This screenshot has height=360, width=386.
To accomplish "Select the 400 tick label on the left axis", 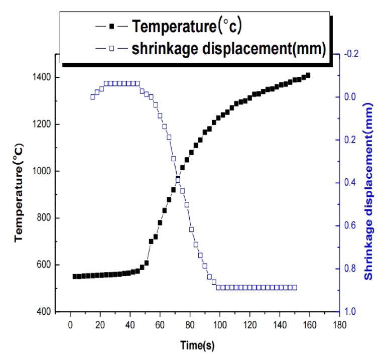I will [44, 312].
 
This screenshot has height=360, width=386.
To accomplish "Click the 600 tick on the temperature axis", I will [44, 265].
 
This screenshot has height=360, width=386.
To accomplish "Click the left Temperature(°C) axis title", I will [20, 196].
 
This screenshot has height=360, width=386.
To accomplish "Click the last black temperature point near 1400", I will [308, 75].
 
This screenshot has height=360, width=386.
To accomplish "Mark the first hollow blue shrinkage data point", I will [92, 97].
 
